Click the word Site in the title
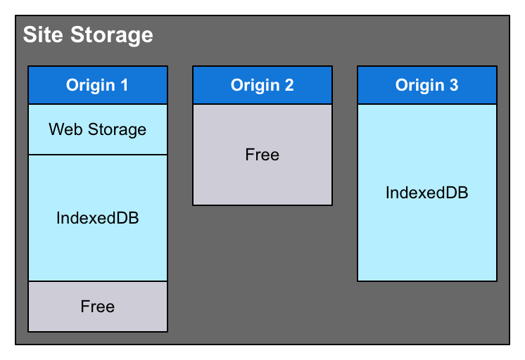pos(44,34)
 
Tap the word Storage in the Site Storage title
pos(111,34)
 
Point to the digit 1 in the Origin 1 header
pos(125,85)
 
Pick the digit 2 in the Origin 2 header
pos(289,85)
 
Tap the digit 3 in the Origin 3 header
pos(454,85)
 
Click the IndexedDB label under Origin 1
pos(98,218)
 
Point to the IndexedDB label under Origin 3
pos(427,193)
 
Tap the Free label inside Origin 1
pos(98,307)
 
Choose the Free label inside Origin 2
pos(262,155)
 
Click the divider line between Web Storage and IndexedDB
pos(98,155)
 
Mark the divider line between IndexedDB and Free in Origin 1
pos(98,281)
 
